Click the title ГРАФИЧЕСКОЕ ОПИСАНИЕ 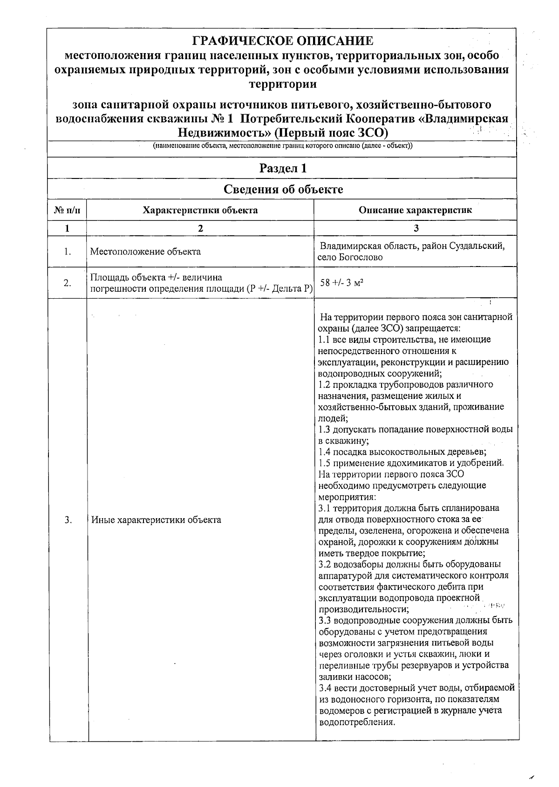click(283, 41)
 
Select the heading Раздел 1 click(283, 168)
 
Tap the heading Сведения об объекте click(283, 189)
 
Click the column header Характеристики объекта click(200, 210)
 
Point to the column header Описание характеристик click(415, 210)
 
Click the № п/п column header click(67, 210)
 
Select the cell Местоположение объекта click(145, 252)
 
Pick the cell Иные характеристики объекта click(156, 520)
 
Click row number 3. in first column click(68, 520)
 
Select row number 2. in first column click(68, 283)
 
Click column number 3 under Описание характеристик click(416, 228)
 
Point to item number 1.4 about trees click(325, 452)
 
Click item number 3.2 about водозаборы click(325, 564)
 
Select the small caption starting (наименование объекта click(283, 146)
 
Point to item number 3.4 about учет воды click(325, 688)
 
